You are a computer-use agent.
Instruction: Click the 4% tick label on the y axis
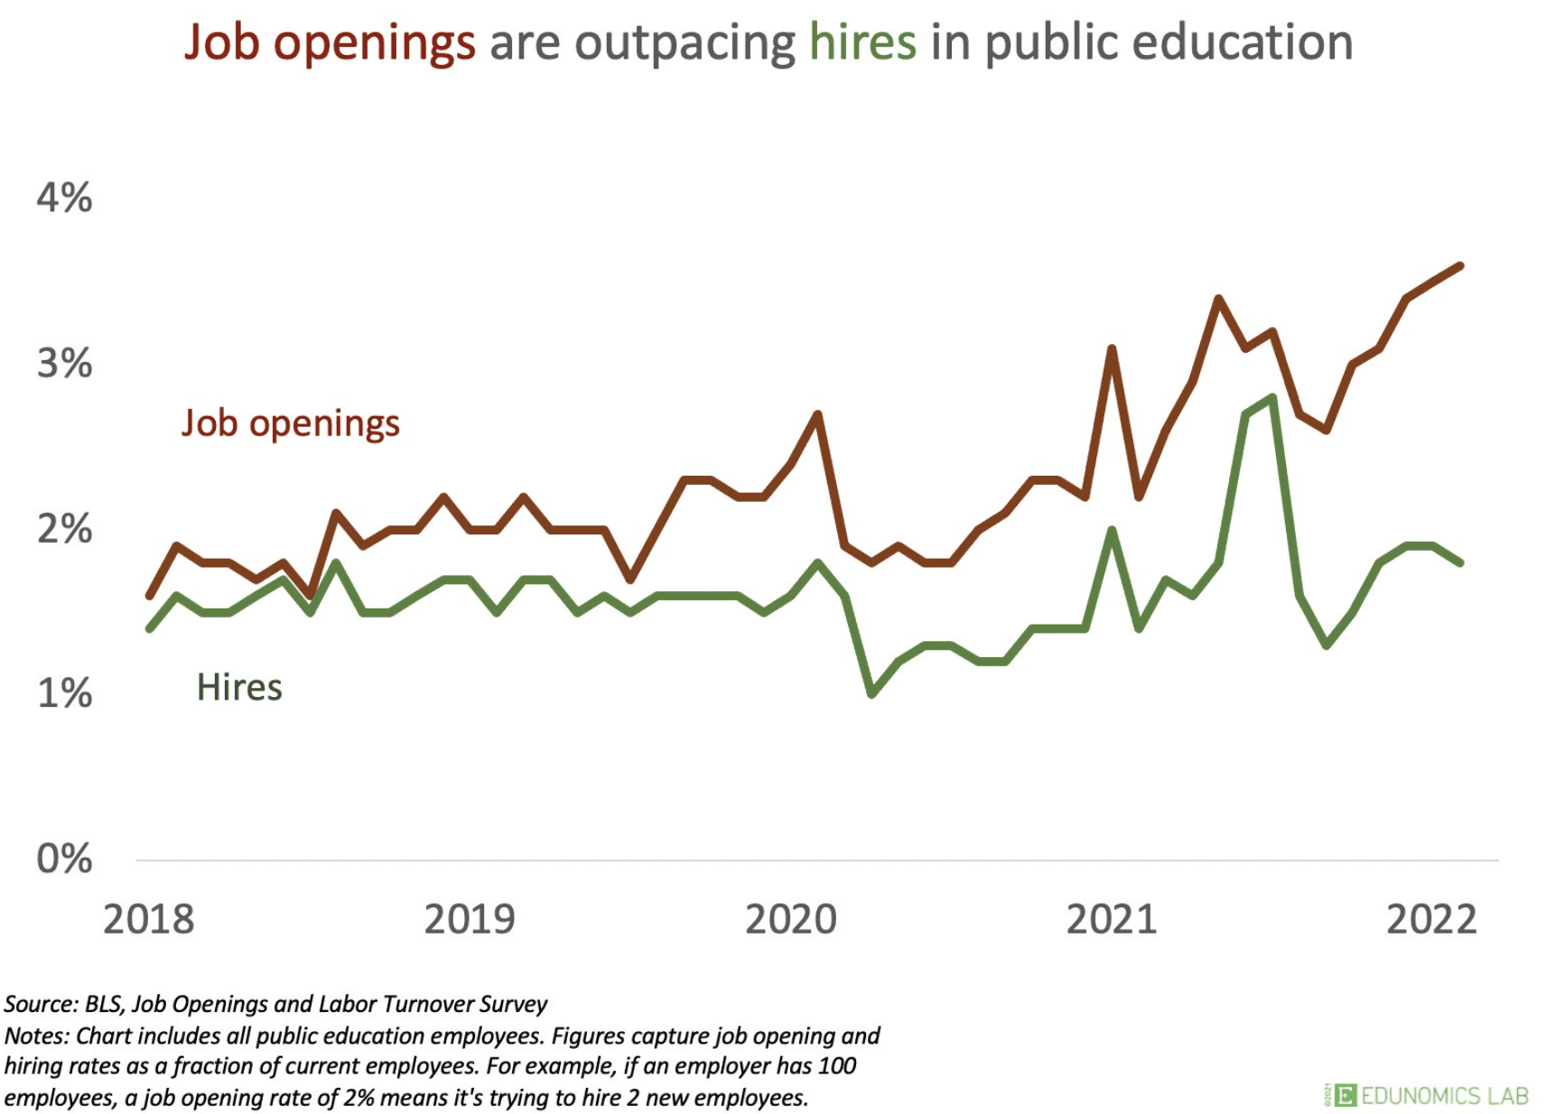point(64,198)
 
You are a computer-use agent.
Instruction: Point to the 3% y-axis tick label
point(64,363)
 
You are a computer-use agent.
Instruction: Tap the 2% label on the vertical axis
point(64,529)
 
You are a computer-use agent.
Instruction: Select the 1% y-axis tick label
point(64,693)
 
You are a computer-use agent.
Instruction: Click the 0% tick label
point(64,859)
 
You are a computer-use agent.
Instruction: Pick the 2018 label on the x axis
point(149,919)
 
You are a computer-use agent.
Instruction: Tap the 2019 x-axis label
point(470,919)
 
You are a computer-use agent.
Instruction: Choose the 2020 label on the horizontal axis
point(791,919)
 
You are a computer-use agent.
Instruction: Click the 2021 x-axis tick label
point(1112,919)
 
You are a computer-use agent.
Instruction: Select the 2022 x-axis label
point(1432,919)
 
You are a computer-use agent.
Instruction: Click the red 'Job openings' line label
point(291,423)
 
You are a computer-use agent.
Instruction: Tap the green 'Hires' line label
point(239,688)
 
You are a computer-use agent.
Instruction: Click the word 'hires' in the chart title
point(862,42)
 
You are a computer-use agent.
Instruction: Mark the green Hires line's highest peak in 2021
point(1272,397)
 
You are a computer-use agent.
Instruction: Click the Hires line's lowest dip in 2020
point(871,693)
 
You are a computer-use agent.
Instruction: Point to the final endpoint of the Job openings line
point(1460,265)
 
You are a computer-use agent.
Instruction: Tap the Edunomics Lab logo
point(1426,1095)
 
